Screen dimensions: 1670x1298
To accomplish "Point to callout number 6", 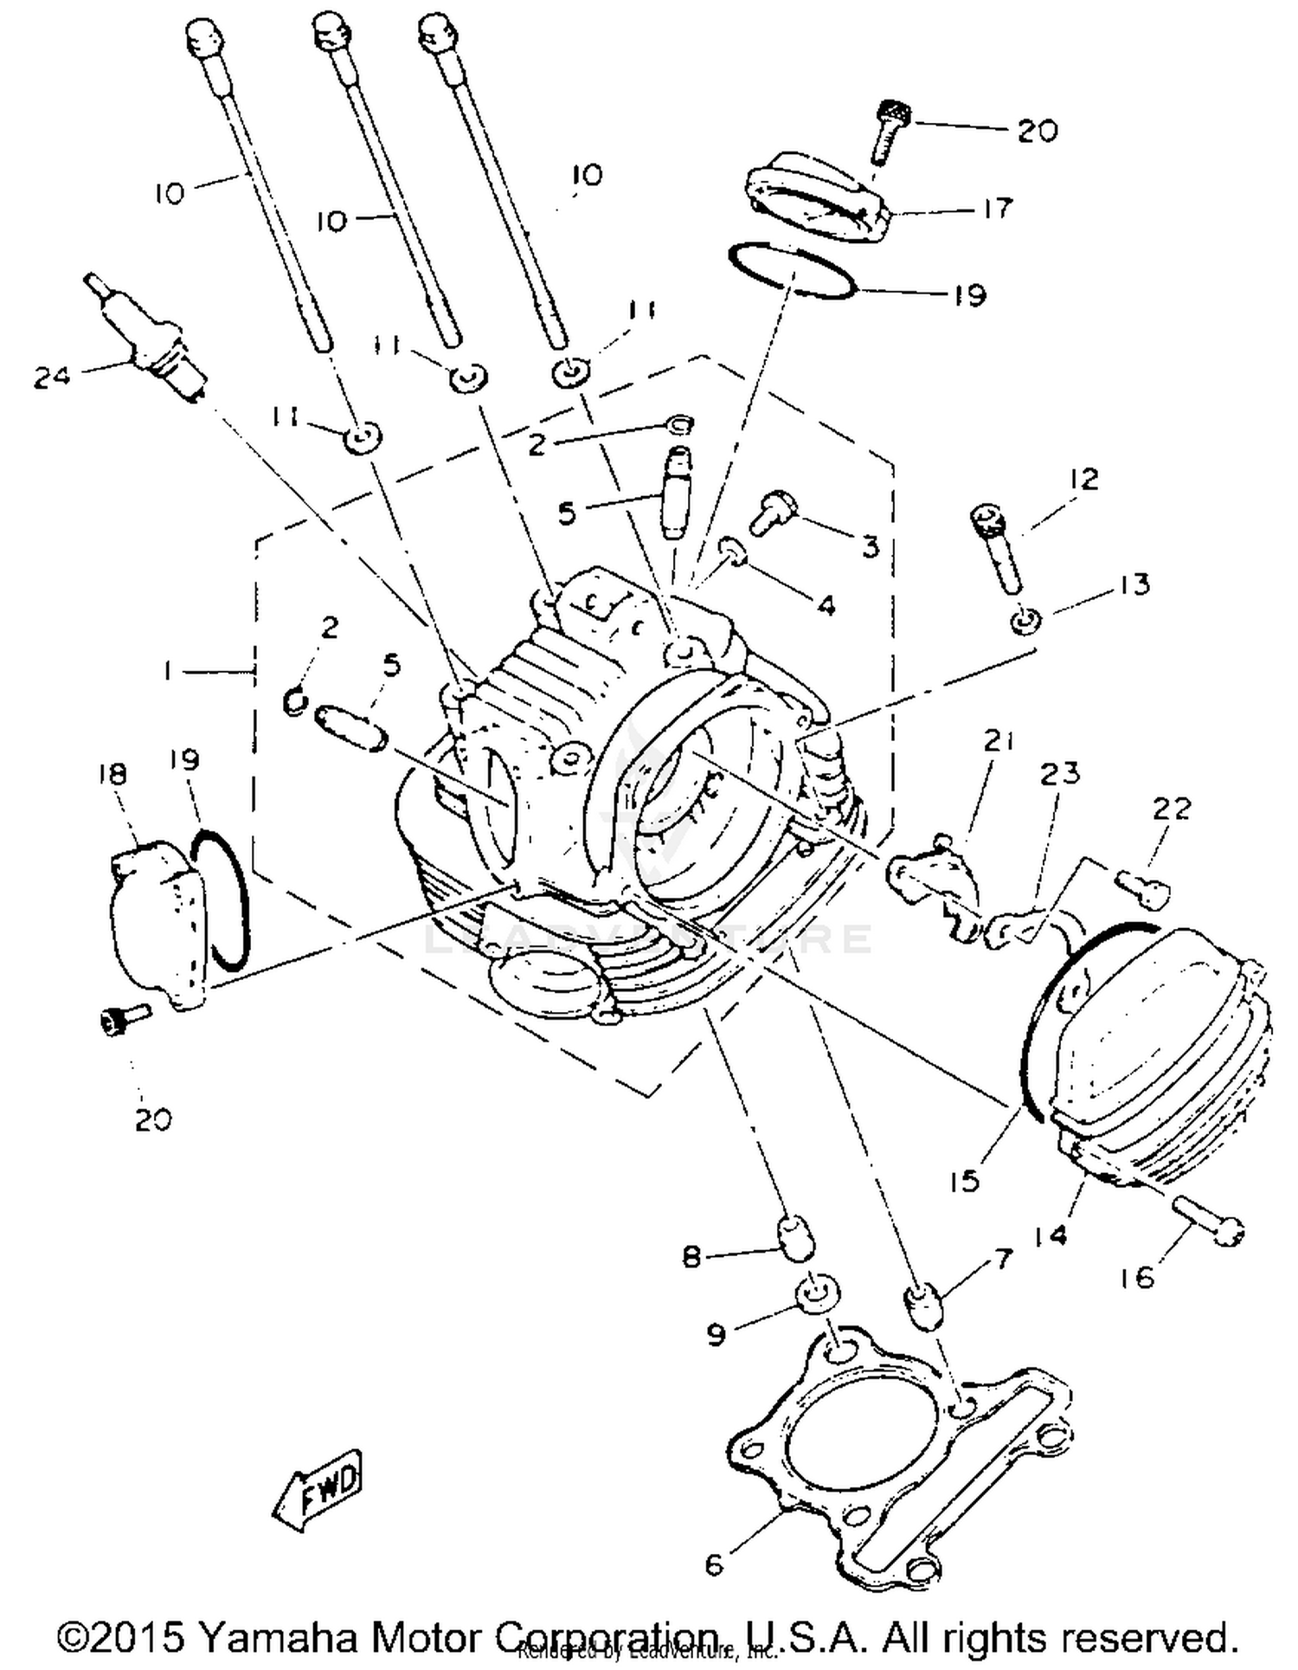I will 714,1564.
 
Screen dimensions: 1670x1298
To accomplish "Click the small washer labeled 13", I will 1026,620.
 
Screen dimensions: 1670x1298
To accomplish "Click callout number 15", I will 963,1179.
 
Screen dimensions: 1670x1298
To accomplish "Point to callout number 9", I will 716,1334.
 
